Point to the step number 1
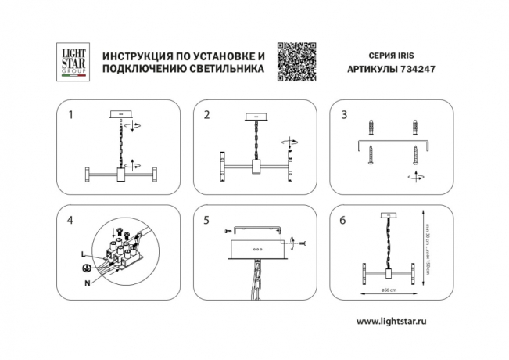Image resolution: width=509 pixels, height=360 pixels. pos(71,115)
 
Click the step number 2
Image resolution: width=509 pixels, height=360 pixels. pos(206,115)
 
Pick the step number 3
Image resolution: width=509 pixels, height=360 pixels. pos(344,115)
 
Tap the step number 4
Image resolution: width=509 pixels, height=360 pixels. pos(71,221)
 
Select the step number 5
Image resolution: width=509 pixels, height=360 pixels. pos(206,221)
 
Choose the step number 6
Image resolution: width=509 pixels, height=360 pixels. pos(344,221)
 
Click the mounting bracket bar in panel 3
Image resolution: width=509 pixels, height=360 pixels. pos(393,142)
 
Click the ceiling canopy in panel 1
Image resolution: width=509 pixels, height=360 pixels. pos(121,114)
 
